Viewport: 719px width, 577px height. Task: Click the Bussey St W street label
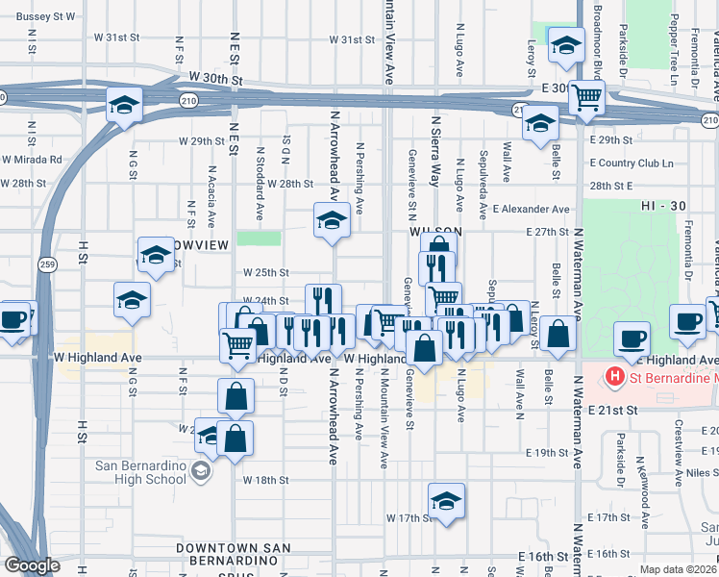tap(46, 16)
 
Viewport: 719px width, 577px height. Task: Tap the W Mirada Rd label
tap(32, 160)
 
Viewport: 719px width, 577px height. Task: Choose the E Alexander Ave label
tap(531, 209)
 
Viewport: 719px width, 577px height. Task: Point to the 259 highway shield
tap(47, 263)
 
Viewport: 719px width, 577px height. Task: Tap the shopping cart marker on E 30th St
tap(585, 96)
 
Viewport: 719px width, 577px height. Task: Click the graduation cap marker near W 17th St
tap(446, 500)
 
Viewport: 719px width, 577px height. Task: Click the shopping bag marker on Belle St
tap(558, 335)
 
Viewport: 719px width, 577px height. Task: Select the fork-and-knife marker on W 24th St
tap(324, 301)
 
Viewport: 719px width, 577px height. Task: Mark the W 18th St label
tap(265, 480)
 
